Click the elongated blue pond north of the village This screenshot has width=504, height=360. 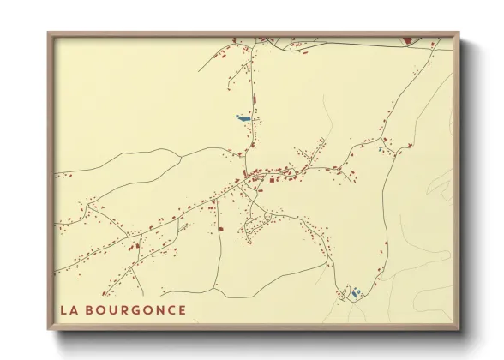[x=244, y=117]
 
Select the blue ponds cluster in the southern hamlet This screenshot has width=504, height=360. [x=354, y=293]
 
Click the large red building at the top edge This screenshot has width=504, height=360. [x=406, y=40]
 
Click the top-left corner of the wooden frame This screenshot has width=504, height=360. [x=48, y=33]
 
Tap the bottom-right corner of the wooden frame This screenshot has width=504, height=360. [x=459, y=330]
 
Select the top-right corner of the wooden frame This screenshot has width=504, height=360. [x=459, y=33]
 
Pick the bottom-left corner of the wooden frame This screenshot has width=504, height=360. [x=48, y=330]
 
